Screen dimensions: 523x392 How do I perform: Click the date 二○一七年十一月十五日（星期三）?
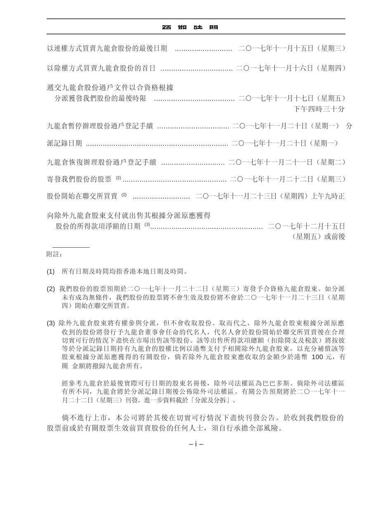pos(292,49)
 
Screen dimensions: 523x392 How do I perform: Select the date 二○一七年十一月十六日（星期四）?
pos(291,68)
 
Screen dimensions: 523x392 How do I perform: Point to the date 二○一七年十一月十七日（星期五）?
pos(292,98)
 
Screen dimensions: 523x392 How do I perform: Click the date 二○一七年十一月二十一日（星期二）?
pos(287,162)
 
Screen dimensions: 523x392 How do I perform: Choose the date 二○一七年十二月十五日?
pos(306,226)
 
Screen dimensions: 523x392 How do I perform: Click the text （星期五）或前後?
pos(318,237)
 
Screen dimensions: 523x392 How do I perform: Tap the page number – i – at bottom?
pos(196,444)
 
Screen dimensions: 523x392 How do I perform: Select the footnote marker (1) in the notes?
pos(50,272)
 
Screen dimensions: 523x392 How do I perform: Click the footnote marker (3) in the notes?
pos(50,323)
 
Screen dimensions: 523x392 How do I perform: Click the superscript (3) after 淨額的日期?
pos(147,225)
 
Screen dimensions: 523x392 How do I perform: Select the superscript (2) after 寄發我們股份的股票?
pos(118,178)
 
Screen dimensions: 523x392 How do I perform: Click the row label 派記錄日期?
pos(64,143)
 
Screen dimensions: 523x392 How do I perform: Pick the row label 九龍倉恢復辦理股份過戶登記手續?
pos(102,162)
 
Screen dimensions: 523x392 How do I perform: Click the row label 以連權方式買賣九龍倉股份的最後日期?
pos(107,49)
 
